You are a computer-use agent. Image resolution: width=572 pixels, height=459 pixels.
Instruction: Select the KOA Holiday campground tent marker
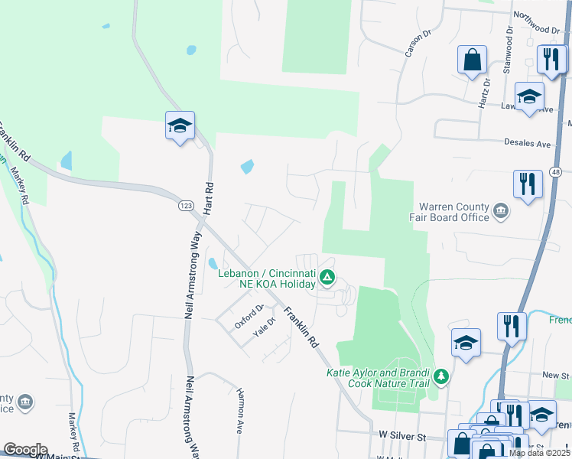327,277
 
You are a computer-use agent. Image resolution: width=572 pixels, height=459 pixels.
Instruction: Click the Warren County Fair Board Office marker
501,212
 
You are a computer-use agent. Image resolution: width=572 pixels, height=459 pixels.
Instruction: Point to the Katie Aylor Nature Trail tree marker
440,376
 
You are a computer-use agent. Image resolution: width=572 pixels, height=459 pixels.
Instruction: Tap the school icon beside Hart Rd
180,126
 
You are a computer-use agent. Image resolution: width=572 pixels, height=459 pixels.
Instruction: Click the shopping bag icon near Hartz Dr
473,60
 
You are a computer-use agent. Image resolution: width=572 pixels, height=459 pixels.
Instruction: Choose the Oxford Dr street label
249,315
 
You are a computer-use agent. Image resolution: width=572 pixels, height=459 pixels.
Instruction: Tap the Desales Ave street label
527,143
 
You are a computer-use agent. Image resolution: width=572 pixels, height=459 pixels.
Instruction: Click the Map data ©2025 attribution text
539,453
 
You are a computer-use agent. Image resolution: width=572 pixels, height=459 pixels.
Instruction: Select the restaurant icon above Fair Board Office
528,184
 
